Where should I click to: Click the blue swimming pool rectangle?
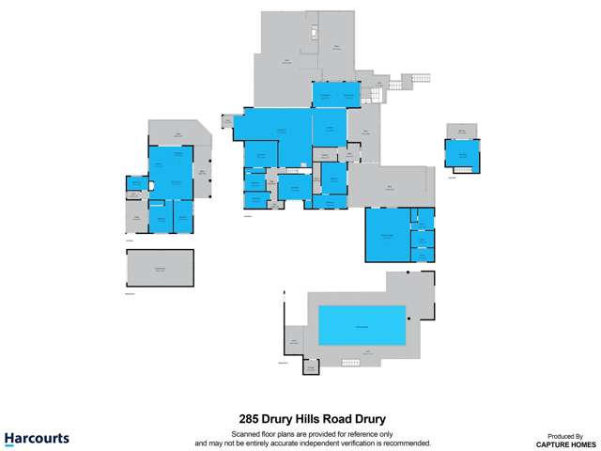click(x=362, y=325)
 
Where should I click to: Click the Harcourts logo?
click(x=37, y=438)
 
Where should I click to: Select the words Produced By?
click(x=566, y=436)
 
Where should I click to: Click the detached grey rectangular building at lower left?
click(x=160, y=268)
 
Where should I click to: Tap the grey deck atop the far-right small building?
click(x=461, y=131)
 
